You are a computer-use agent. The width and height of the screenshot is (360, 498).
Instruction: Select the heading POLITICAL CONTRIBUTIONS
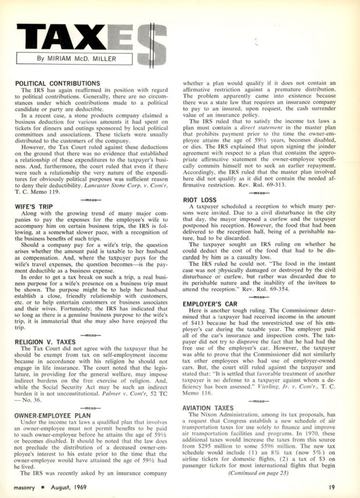click(58, 83)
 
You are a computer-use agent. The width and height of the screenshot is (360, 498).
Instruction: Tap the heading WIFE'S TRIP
click(34, 207)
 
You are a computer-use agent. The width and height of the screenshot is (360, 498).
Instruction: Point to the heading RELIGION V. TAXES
click(45, 342)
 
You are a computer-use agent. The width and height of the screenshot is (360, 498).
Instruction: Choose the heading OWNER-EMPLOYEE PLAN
click(53, 416)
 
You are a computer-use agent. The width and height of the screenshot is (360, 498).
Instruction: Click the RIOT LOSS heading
click(200, 200)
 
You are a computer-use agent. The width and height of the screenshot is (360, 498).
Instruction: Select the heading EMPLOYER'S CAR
click(210, 304)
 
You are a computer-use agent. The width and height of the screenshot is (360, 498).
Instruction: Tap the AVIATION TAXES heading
click(208, 408)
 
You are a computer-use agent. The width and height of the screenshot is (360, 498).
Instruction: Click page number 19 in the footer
click(332, 487)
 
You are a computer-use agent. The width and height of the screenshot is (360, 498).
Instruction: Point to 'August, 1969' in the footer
click(69, 487)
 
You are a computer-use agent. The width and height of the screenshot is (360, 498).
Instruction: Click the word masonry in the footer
click(24, 488)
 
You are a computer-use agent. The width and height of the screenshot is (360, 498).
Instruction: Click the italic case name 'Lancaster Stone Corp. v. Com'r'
click(126, 185)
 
